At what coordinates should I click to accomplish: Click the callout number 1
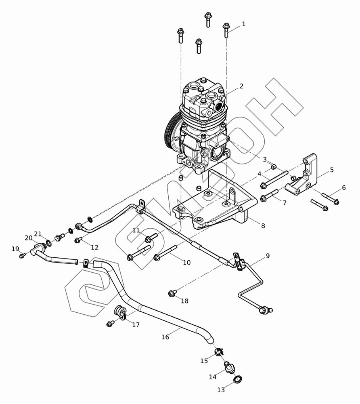pos(243,24)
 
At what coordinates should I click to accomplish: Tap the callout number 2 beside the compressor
pos(241,86)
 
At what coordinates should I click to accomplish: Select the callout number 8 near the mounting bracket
pos(263,226)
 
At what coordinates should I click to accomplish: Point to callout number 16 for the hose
pos(165,337)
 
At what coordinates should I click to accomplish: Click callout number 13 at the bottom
pos(221,390)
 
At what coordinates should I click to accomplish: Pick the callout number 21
pos(38,234)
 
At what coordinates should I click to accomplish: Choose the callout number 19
pos(15,249)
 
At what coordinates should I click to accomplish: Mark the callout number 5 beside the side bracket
pos(332,170)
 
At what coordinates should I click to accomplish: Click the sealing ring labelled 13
pos(238,379)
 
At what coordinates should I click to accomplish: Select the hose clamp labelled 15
pos(219,352)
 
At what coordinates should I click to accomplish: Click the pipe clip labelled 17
pos(120,312)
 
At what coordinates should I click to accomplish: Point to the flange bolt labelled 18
pos(172,293)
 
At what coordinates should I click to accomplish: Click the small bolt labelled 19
pos(23,255)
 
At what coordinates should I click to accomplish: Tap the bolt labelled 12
pos(78,240)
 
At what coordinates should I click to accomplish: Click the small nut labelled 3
pos(273,166)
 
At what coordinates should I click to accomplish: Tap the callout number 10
pos(186,263)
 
